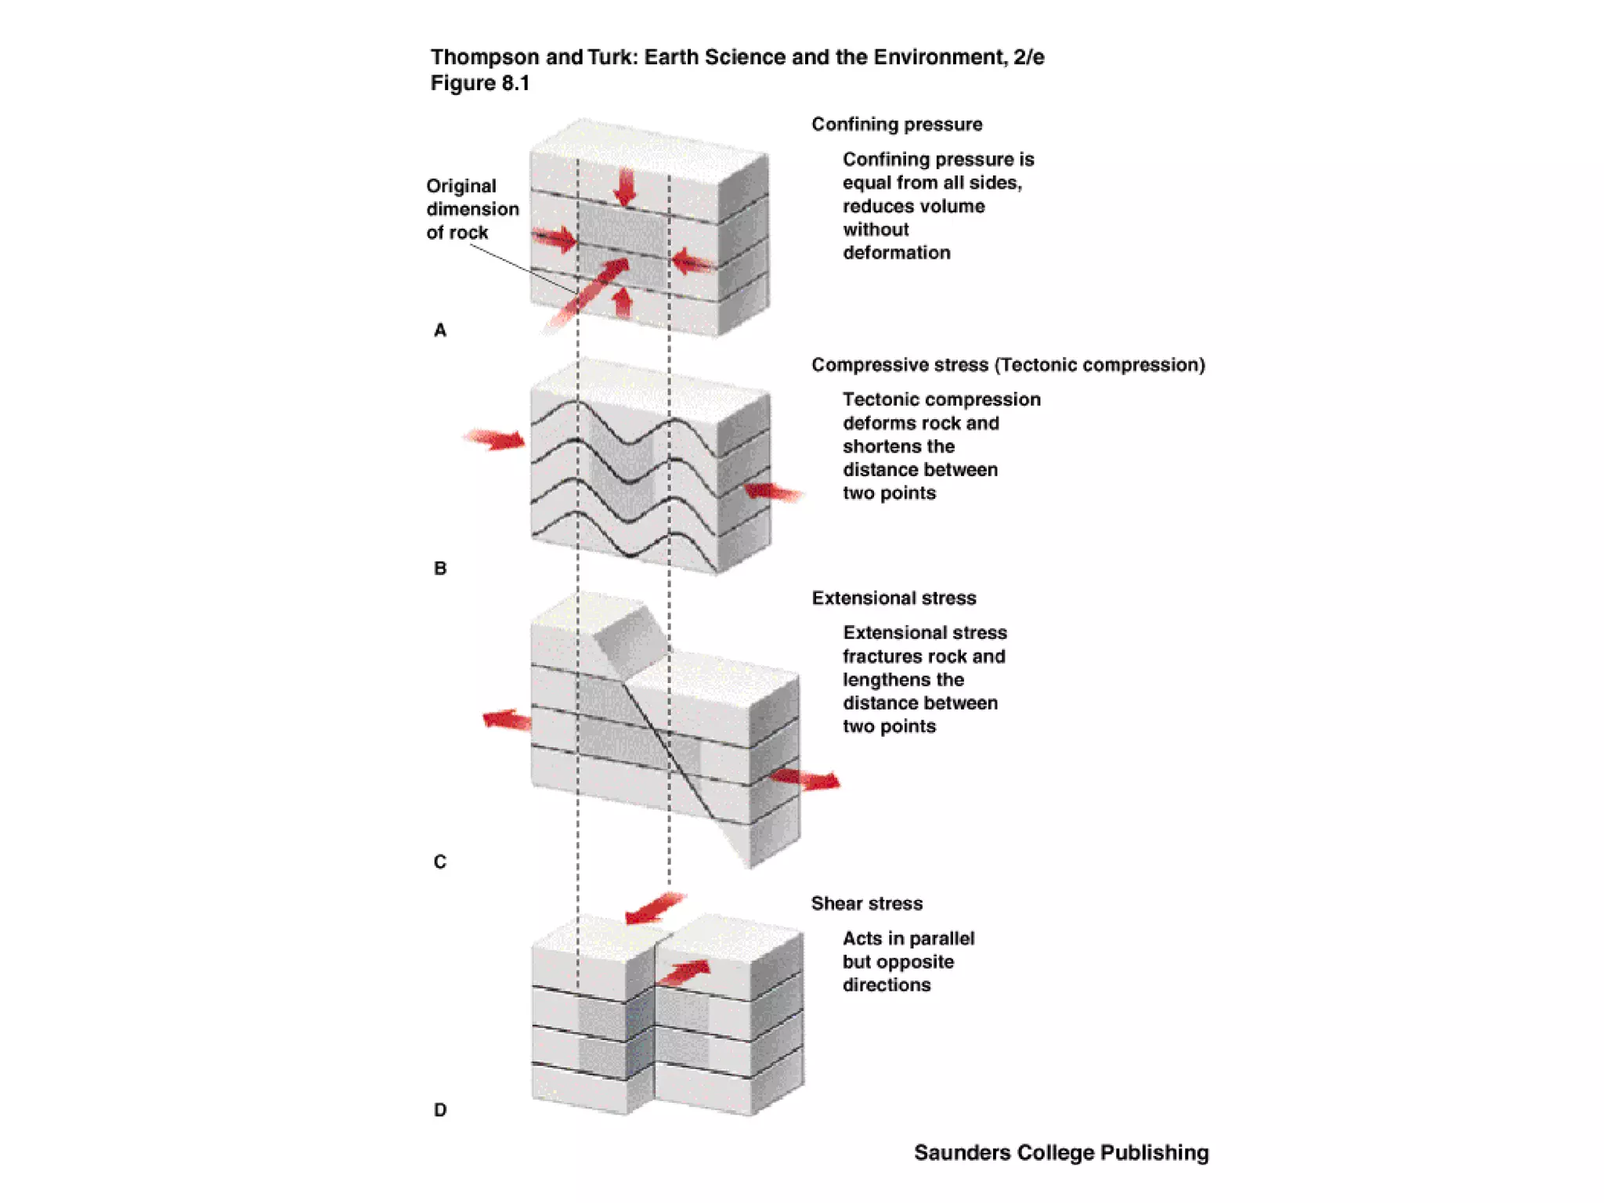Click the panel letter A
[440, 331]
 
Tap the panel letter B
[440, 569]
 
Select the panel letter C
[440, 862]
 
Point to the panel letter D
[440, 1111]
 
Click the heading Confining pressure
[897, 125]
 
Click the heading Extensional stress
[894, 598]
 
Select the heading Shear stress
[867, 904]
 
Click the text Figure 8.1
[480, 84]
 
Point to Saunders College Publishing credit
[1061, 1153]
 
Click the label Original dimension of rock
[472, 209]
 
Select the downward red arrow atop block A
[625, 187]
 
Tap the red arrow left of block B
[495, 439]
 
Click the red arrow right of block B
[772, 492]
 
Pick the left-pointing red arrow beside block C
[507, 720]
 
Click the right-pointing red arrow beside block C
[805, 779]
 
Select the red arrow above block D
[655, 909]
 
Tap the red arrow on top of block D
[684, 973]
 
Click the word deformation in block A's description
[897, 253]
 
